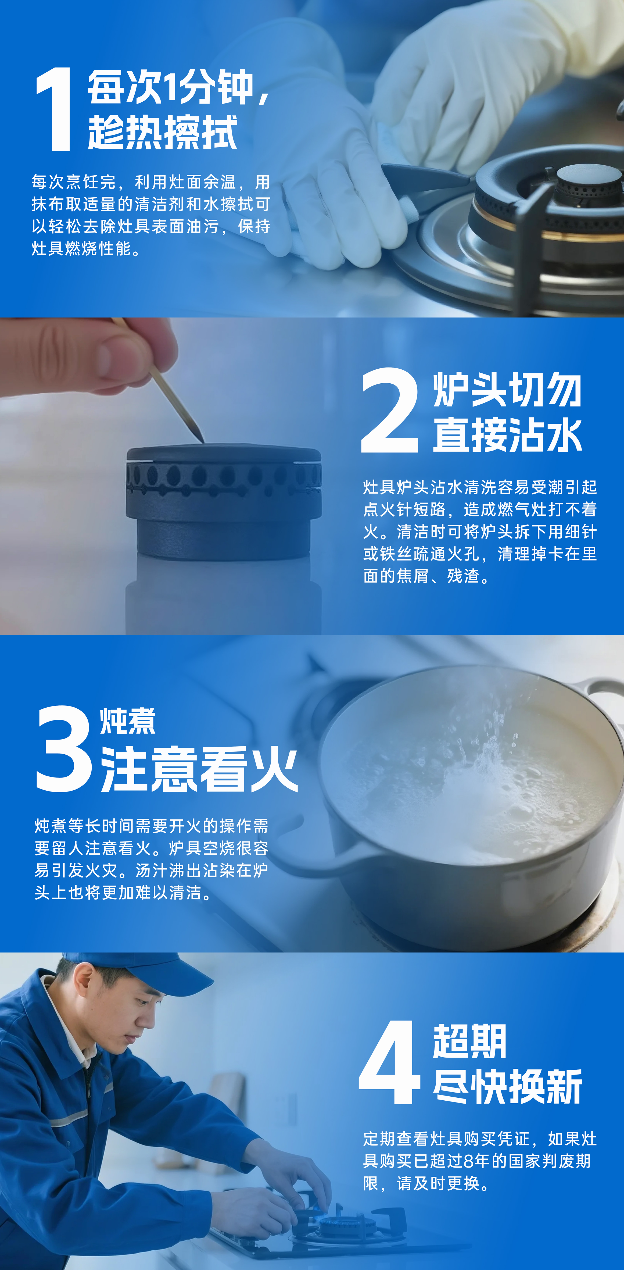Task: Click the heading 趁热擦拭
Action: pos(163,132)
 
